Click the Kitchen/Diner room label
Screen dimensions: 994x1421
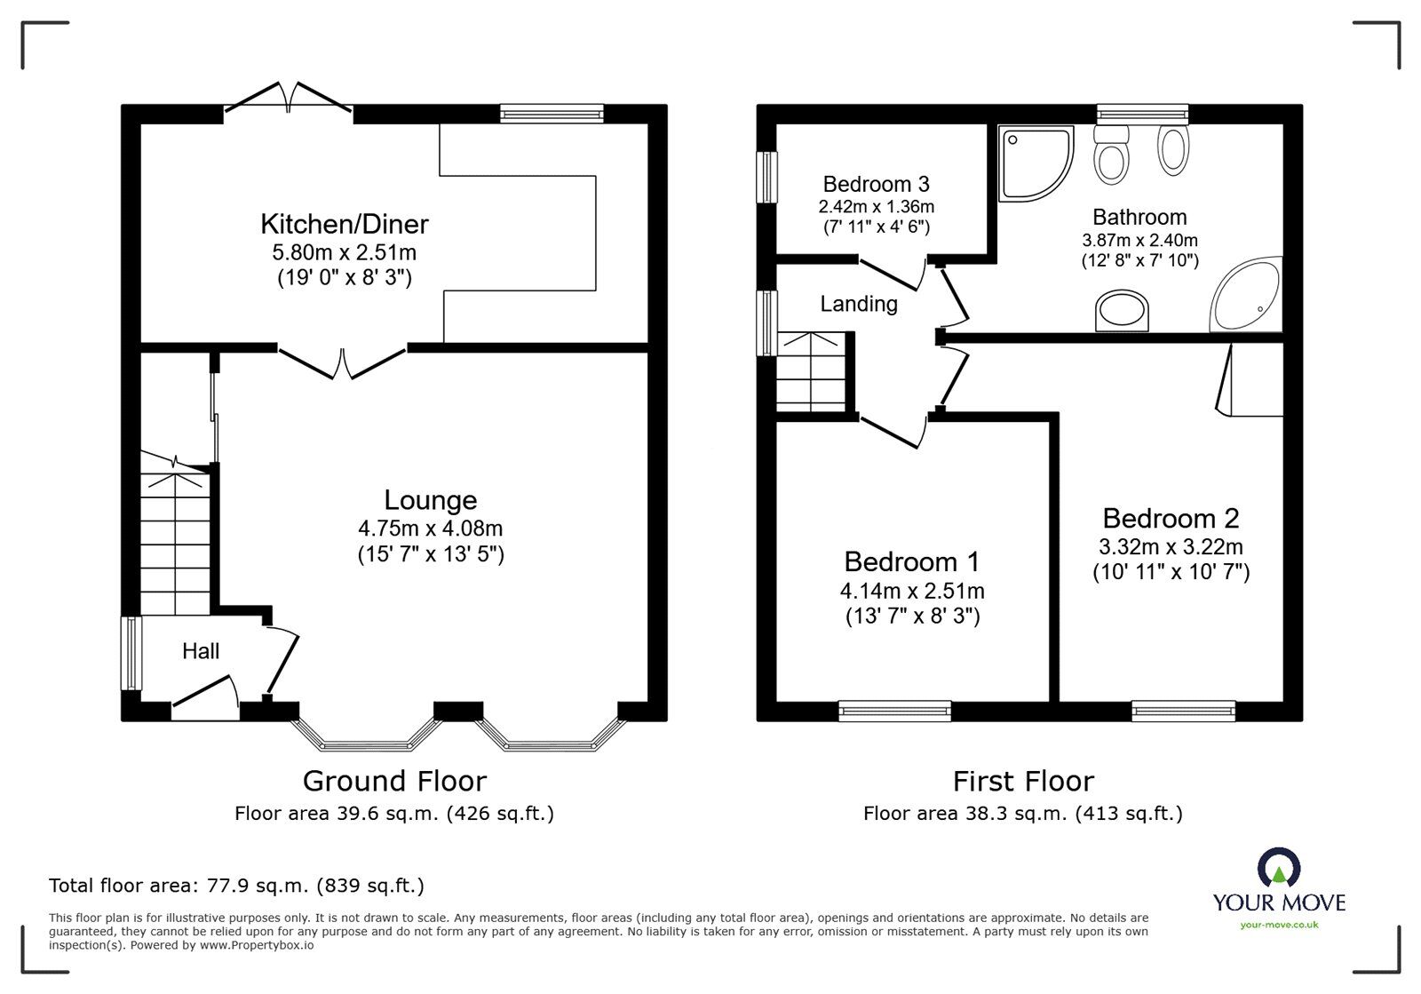pyautogui.click(x=344, y=224)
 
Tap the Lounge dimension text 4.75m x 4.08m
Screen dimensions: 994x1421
pyautogui.click(x=430, y=529)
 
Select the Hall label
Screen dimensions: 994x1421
pyautogui.click(x=201, y=651)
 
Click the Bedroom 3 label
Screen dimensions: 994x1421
pyautogui.click(x=876, y=184)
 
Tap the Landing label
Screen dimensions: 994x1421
pyautogui.click(x=858, y=304)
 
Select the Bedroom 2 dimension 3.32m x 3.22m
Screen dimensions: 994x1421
pyautogui.click(x=1171, y=546)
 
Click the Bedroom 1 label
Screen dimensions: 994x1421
pyautogui.click(x=911, y=561)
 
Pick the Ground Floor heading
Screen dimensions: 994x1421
pyautogui.click(x=394, y=781)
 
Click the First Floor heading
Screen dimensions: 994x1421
pyautogui.click(x=1023, y=781)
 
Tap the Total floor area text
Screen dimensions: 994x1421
pyautogui.click(x=236, y=886)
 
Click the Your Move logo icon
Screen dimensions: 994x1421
pyautogui.click(x=1279, y=868)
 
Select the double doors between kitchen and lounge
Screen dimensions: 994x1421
pyautogui.click(x=342, y=362)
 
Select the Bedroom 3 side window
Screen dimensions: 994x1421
pyautogui.click(x=765, y=177)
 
